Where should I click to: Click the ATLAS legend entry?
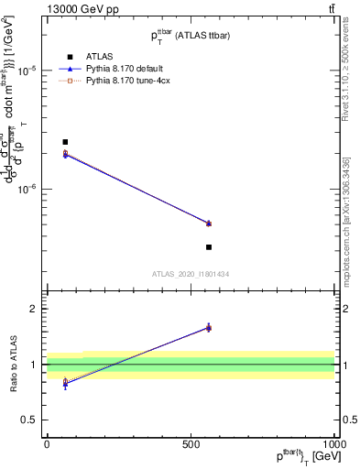point(99,56)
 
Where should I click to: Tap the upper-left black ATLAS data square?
point(65,142)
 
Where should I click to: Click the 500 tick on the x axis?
point(191,444)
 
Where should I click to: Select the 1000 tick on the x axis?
point(333,444)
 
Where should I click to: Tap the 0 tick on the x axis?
point(47,444)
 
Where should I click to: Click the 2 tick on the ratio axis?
point(32,310)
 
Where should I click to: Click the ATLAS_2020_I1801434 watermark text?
point(191,274)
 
